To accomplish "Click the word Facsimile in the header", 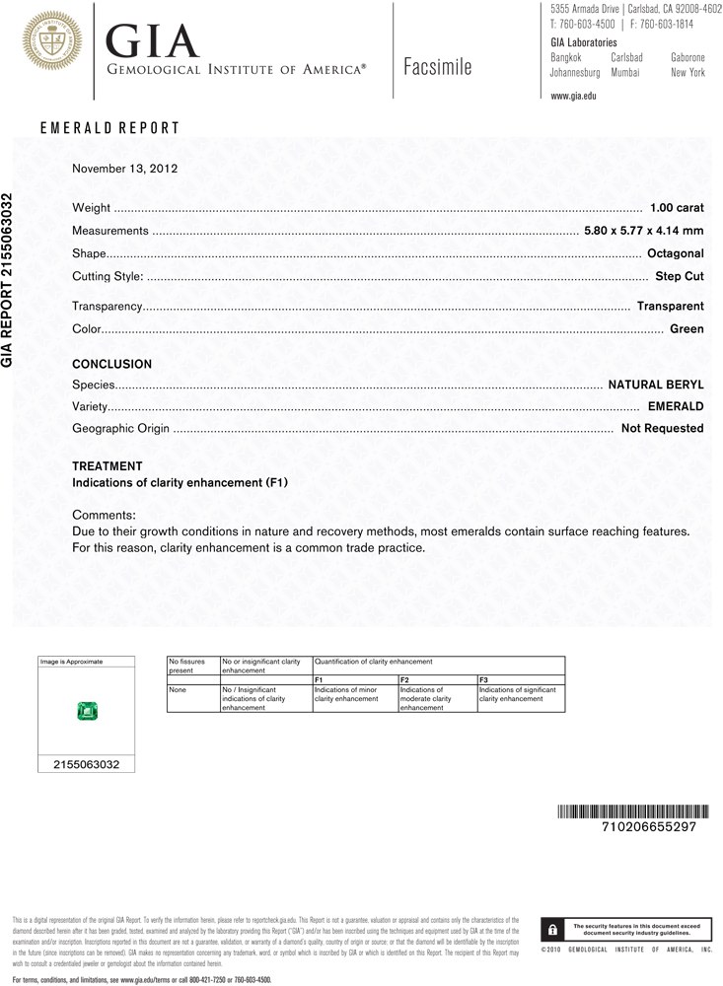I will tap(438, 68).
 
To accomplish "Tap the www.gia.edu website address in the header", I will tap(574, 96).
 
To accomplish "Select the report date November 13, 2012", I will tap(124, 169).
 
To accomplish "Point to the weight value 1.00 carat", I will tap(677, 208).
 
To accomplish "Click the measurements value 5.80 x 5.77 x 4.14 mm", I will tap(644, 231).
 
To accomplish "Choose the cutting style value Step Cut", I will tap(680, 277).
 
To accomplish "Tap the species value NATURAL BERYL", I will tap(656, 385).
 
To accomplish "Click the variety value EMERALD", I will tap(676, 406).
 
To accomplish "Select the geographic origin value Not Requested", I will tap(662, 429).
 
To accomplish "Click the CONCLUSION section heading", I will tap(112, 365).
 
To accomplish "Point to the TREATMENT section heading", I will tap(108, 466).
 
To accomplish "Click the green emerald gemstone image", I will tap(87, 710).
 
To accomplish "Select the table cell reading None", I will tap(178, 690).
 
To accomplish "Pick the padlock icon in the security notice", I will tap(554, 930).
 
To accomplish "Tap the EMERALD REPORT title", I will tap(109, 128).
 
